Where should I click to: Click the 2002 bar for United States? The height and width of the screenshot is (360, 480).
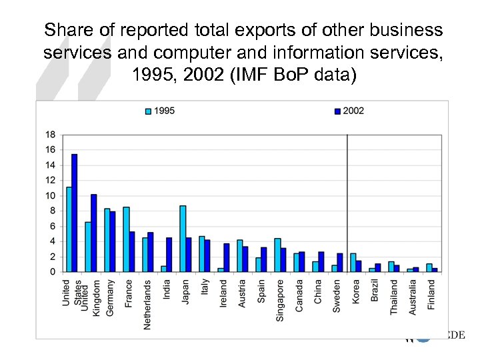(x=75, y=213)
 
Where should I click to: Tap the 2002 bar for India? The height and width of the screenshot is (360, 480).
(x=169, y=255)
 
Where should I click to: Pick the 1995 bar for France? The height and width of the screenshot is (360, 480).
(x=126, y=239)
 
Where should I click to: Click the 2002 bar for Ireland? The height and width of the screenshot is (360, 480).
(x=226, y=257)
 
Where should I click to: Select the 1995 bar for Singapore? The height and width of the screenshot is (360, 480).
(x=277, y=255)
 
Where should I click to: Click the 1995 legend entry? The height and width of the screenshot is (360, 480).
(x=160, y=111)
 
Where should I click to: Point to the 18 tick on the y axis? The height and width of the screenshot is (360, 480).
(x=50, y=134)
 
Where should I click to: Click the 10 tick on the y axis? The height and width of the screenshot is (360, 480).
(x=50, y=195)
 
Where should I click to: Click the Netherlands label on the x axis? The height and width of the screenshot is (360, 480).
(x=147, y=304)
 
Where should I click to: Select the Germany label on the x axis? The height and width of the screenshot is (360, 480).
(x=110, y=297)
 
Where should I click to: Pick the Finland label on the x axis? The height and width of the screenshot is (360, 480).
(x=431, y=293)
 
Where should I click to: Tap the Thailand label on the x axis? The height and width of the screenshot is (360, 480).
(x=393, y=297)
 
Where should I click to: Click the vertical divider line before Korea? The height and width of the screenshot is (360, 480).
(x=347, y=200)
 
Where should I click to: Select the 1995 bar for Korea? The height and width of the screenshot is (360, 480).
(x=353, y=263)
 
